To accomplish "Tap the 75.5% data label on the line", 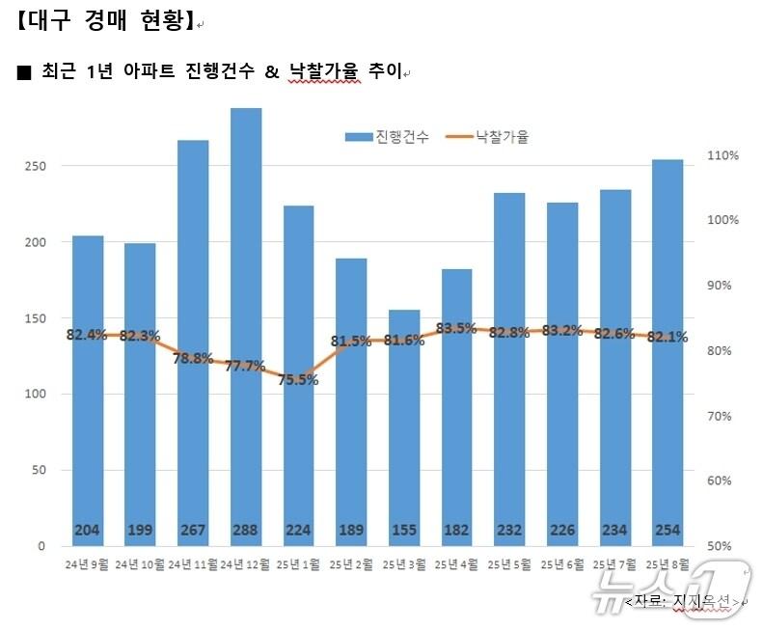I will [299, 380].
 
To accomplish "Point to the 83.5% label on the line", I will [456, 328].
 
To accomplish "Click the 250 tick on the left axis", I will [34, 166].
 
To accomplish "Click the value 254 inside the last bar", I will [668, 530].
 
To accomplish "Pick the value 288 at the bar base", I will [246, 530].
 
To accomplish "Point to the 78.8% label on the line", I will [193, 358].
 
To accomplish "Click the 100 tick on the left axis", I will [34, 394].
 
